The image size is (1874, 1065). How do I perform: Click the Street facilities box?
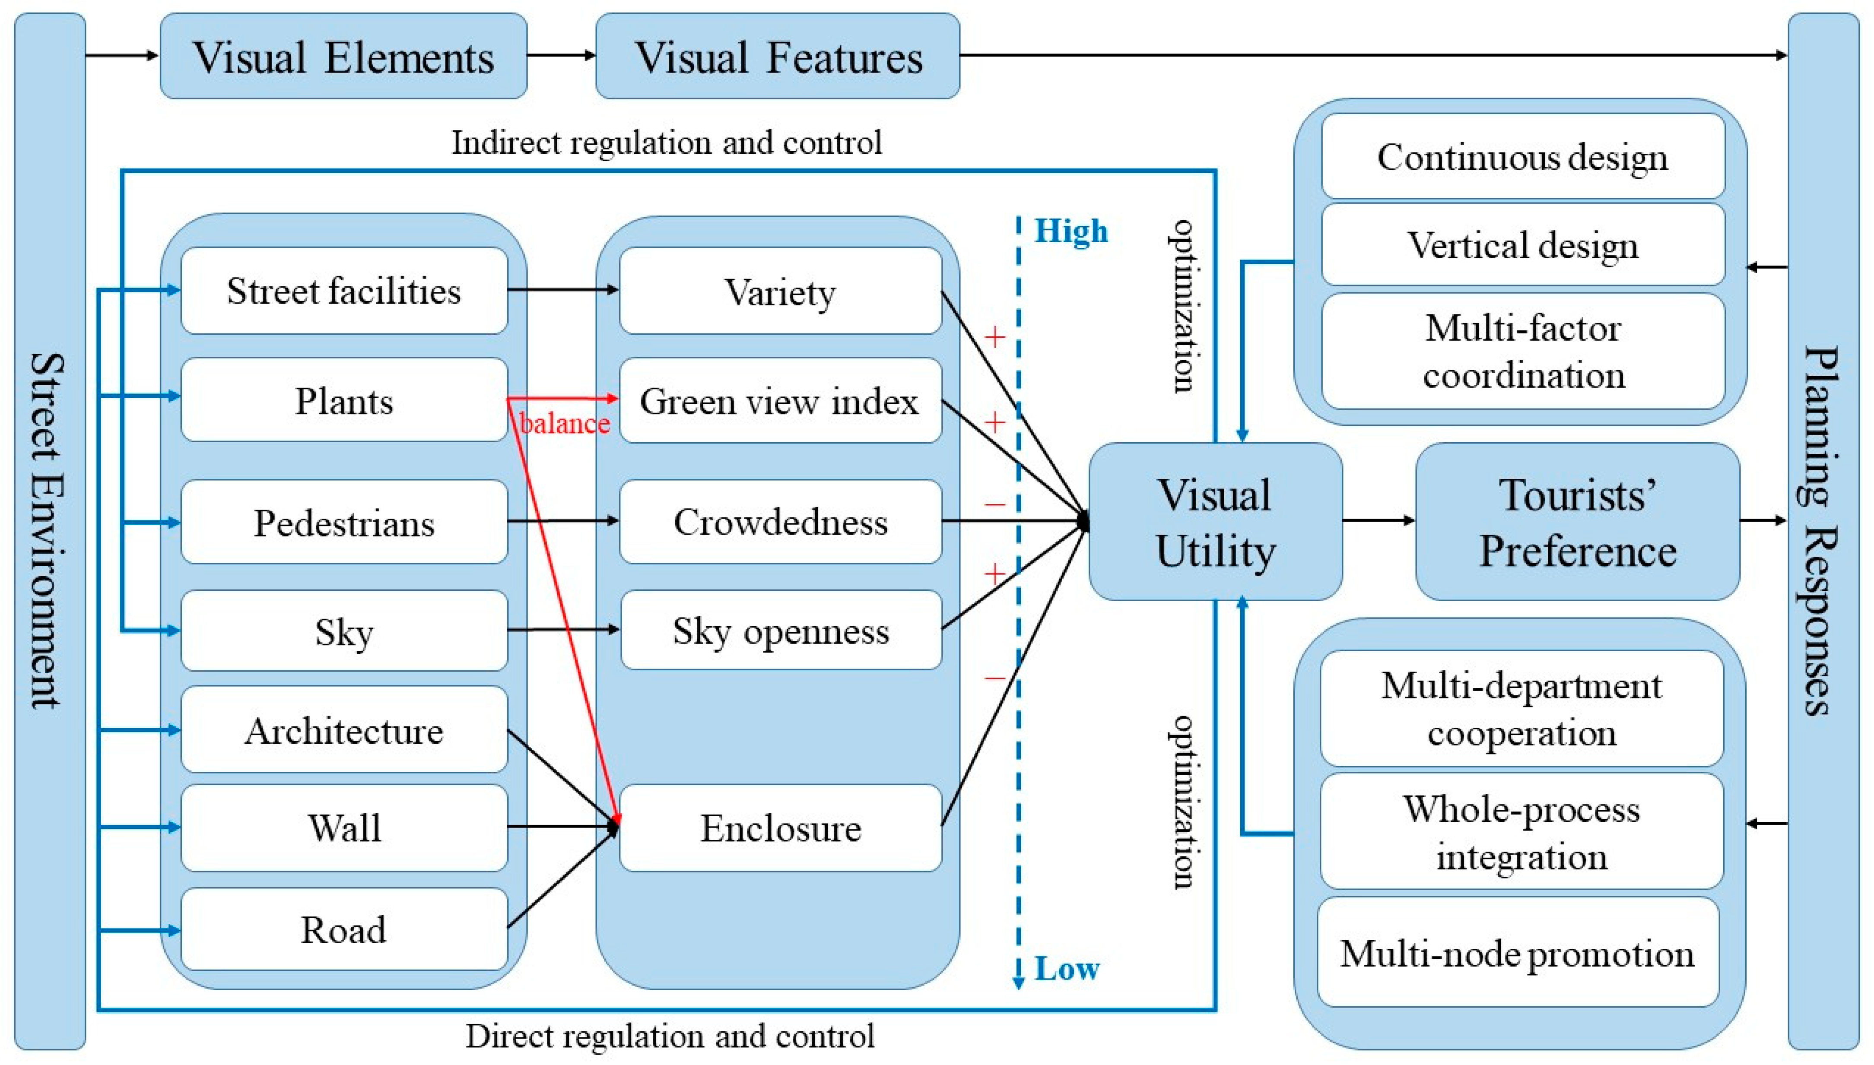pos(344,291)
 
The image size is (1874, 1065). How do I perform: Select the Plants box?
pos(344,400)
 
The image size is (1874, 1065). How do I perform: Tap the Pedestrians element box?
pos(344,522)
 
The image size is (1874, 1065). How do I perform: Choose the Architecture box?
pos(344,730)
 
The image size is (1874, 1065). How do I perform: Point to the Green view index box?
pos(780,401)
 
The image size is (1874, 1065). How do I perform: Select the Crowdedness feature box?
pos(780,522)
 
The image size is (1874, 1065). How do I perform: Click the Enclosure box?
pos(780,828)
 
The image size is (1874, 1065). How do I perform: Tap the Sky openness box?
pos(780,631)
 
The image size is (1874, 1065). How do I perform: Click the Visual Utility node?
pos(1215,522)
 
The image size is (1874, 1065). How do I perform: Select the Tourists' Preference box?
pos(1578,522)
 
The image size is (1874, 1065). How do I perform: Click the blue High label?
pos(1071,231)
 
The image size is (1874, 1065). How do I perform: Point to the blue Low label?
pos(1067,969)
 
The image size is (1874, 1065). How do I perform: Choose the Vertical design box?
pos(1523,245)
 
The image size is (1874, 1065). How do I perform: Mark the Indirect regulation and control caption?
pos(667,142)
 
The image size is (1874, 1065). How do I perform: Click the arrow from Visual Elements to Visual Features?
pos(561,55)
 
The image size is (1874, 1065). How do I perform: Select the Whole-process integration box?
pos(1521,832)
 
